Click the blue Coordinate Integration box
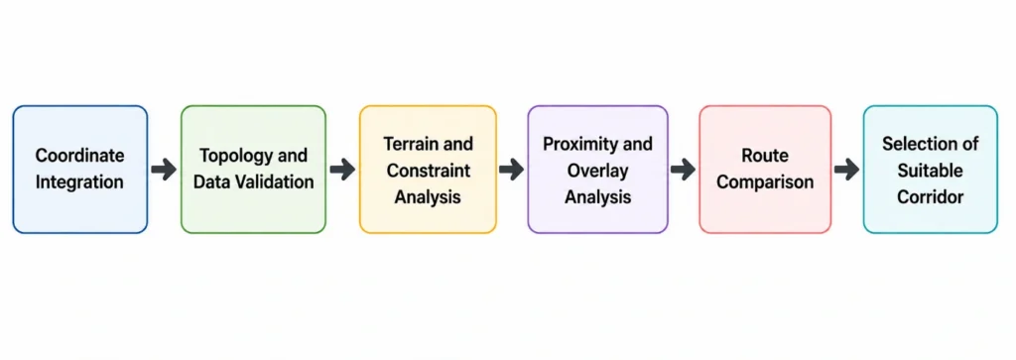click(x=80, y=169)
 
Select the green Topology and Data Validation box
click(x=253, y=169)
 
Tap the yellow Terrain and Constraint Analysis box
click(x=428, y=169)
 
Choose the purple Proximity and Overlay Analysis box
click(x=597, y=169)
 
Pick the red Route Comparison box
click(x=765, y=169)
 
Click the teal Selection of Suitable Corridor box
click(x=931, y=169)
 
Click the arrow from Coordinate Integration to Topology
click(x=164, y=170)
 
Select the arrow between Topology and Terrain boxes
click(x=342, y=170)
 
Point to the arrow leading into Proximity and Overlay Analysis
click(x=512, y=170)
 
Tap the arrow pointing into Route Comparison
click(x=683, y=170)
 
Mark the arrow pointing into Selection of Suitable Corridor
click(x=847, y=170)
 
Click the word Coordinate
click(x=79, y=156)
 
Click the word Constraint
click(x=428, y=170)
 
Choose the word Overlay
click(x=597, y=170)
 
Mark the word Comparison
click(x=765, y=181)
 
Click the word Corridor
click(x=931, y=196)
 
